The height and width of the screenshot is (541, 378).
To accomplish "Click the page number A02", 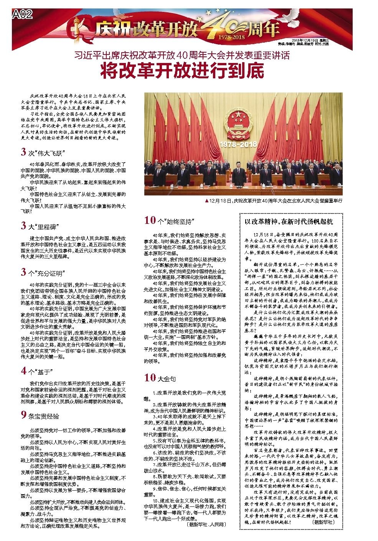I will click(x=23, y=15).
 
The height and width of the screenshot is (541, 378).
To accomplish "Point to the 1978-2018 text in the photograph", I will click(x=238, y=144).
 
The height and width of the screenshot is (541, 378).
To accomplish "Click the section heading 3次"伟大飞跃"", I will click(x=44, y=152).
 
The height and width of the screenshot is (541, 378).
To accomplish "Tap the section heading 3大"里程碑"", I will click(x=44, y=226).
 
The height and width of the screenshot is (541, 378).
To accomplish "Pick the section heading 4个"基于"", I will click(x=37, y=371).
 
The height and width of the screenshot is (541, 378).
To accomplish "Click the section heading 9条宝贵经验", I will click(x=40, y=415).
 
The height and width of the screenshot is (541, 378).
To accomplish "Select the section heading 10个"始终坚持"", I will click(x=168, y=220).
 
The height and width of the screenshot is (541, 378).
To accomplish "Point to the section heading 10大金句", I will click(x=160, y=378).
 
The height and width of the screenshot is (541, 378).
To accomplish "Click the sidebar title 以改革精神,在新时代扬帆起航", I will click(x=289, y=222).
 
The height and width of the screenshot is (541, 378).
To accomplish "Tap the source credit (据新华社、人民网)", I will click(x=207, y=524).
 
